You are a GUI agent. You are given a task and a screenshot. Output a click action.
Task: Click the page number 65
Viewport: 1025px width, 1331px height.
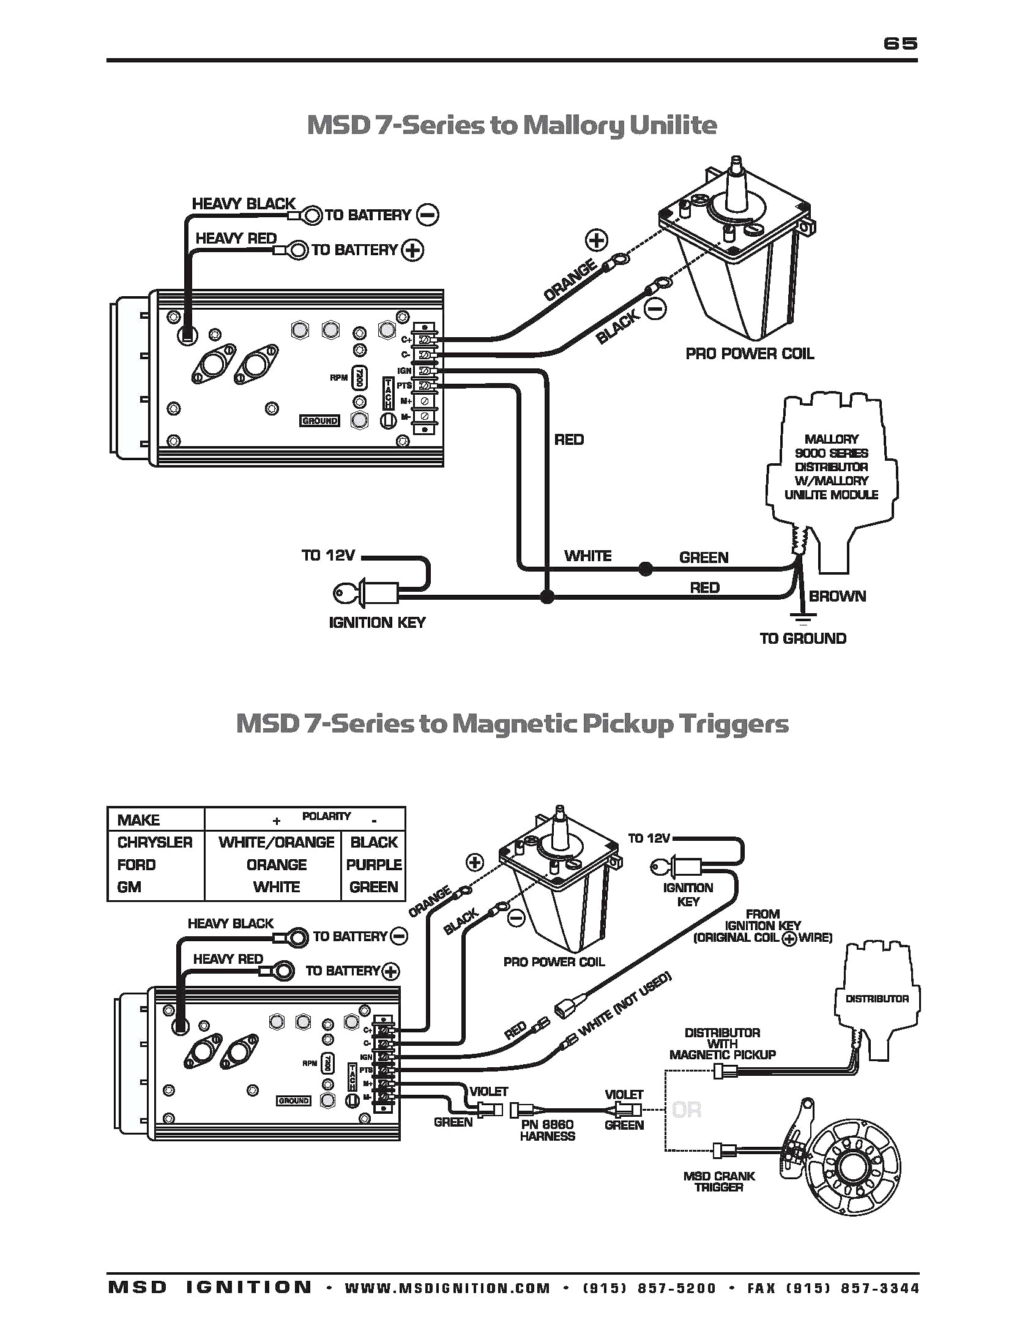pyautogui.click(x=900, y=43)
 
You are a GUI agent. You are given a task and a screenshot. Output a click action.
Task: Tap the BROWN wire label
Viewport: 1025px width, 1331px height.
pyautogui.click(x=837, y=596)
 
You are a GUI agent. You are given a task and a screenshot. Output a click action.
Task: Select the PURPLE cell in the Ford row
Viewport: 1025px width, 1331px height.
pyautogui.click(x=373, y=865)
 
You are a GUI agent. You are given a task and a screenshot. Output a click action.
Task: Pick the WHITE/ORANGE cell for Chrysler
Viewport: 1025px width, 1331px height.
pyautogui.click(x=276, y=842)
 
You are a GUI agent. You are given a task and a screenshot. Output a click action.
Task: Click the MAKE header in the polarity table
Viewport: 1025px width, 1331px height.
pyautogui.click(x=138, y=820)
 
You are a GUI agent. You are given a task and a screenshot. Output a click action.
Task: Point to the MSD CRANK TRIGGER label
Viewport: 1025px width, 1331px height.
pyautogui.click(x=719, y=1181)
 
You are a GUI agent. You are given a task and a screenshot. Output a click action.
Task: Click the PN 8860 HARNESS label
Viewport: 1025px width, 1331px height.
pyautogui.click(x=547, y=1130)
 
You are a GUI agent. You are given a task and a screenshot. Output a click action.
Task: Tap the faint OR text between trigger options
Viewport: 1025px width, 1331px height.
pyautogui.click(x=686, y=1109)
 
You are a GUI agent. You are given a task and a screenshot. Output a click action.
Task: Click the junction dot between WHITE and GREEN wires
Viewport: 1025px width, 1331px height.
pyautogui.click(x=644, y=569)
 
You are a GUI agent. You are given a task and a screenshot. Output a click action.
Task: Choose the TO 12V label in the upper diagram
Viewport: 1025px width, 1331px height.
pyautogui.click(x=328, y=556)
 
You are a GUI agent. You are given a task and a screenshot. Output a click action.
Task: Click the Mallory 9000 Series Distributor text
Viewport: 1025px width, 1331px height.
pyautogui.click(x=831, y=467)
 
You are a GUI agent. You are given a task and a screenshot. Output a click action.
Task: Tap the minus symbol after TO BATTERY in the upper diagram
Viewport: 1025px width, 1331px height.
pyautogui.click(x=427, y=215)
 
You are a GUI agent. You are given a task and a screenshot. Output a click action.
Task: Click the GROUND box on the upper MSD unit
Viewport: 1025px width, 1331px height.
pyautogui.click(x=319, y=421)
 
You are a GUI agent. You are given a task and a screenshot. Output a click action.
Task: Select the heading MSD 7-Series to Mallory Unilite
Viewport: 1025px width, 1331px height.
pyautogui.click(x=512, y=125)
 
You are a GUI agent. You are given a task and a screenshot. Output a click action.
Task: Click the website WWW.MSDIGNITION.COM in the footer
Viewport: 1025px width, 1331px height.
pyautogui.click(x=447, y=1288)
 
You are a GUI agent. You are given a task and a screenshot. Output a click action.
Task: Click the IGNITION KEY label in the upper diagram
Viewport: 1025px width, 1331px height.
pyautogui.click(x=377, y=622)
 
